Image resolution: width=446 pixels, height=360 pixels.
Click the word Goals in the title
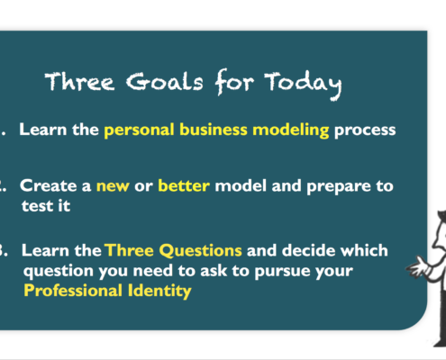[x=165, y=82]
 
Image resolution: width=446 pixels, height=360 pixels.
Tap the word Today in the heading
[x=303, y=85]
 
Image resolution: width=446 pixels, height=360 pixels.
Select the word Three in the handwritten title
[x=79, y=81]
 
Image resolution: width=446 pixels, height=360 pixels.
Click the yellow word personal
[x=139, y=130]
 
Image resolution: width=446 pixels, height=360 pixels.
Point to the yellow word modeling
[x=291, y=130]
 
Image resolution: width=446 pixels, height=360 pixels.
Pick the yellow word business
[x=214, y=130]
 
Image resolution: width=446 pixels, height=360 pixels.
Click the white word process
[x=365, y=130]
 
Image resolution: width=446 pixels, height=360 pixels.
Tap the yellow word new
[x=113, y=186]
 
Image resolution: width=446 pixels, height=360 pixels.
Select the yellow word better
[x=184, y=185]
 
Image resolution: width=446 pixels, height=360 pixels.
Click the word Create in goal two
[x=48, y=185]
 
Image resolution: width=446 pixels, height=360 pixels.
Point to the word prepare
[x=339, y=187]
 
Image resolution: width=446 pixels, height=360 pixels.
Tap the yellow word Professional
[x=73, y=291]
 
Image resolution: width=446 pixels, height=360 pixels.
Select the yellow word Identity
[x=159, y=291]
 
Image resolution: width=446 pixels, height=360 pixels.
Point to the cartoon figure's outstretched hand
[x=417, y=266]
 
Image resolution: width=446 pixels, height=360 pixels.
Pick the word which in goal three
[x=364, y=250]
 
